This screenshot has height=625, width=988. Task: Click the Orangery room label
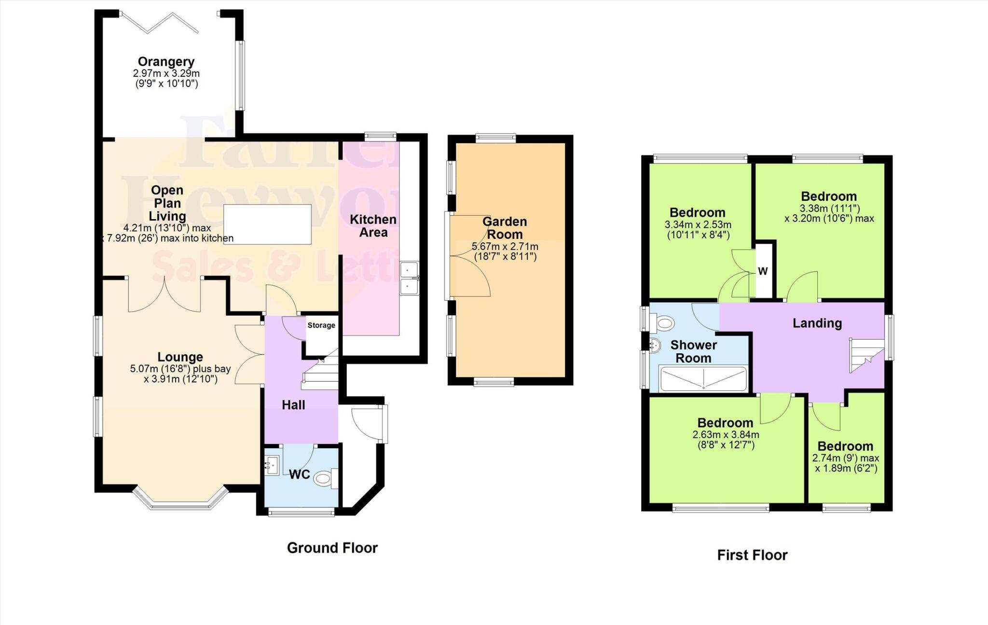click(166, 62)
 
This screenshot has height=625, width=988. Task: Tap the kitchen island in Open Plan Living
click(267, 224)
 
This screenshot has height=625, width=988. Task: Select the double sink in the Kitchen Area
click(409, 278)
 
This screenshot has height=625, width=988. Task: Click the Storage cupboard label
click(321, 325)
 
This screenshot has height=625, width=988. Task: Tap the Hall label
click(293, 405)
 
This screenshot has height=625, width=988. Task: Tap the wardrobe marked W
click(763, 271)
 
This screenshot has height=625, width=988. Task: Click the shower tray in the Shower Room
click(703, 379)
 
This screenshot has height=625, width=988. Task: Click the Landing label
click(817, 323)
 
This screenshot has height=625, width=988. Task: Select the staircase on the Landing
click(866, 355)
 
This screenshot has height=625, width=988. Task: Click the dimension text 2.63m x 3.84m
click(726, 434)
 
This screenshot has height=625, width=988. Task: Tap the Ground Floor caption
click(332, 548)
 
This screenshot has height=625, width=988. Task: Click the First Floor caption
click(752, 555)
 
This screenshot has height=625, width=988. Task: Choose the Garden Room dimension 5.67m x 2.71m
click(505, 247)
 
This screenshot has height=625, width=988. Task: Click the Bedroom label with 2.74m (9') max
click(845, 446)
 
